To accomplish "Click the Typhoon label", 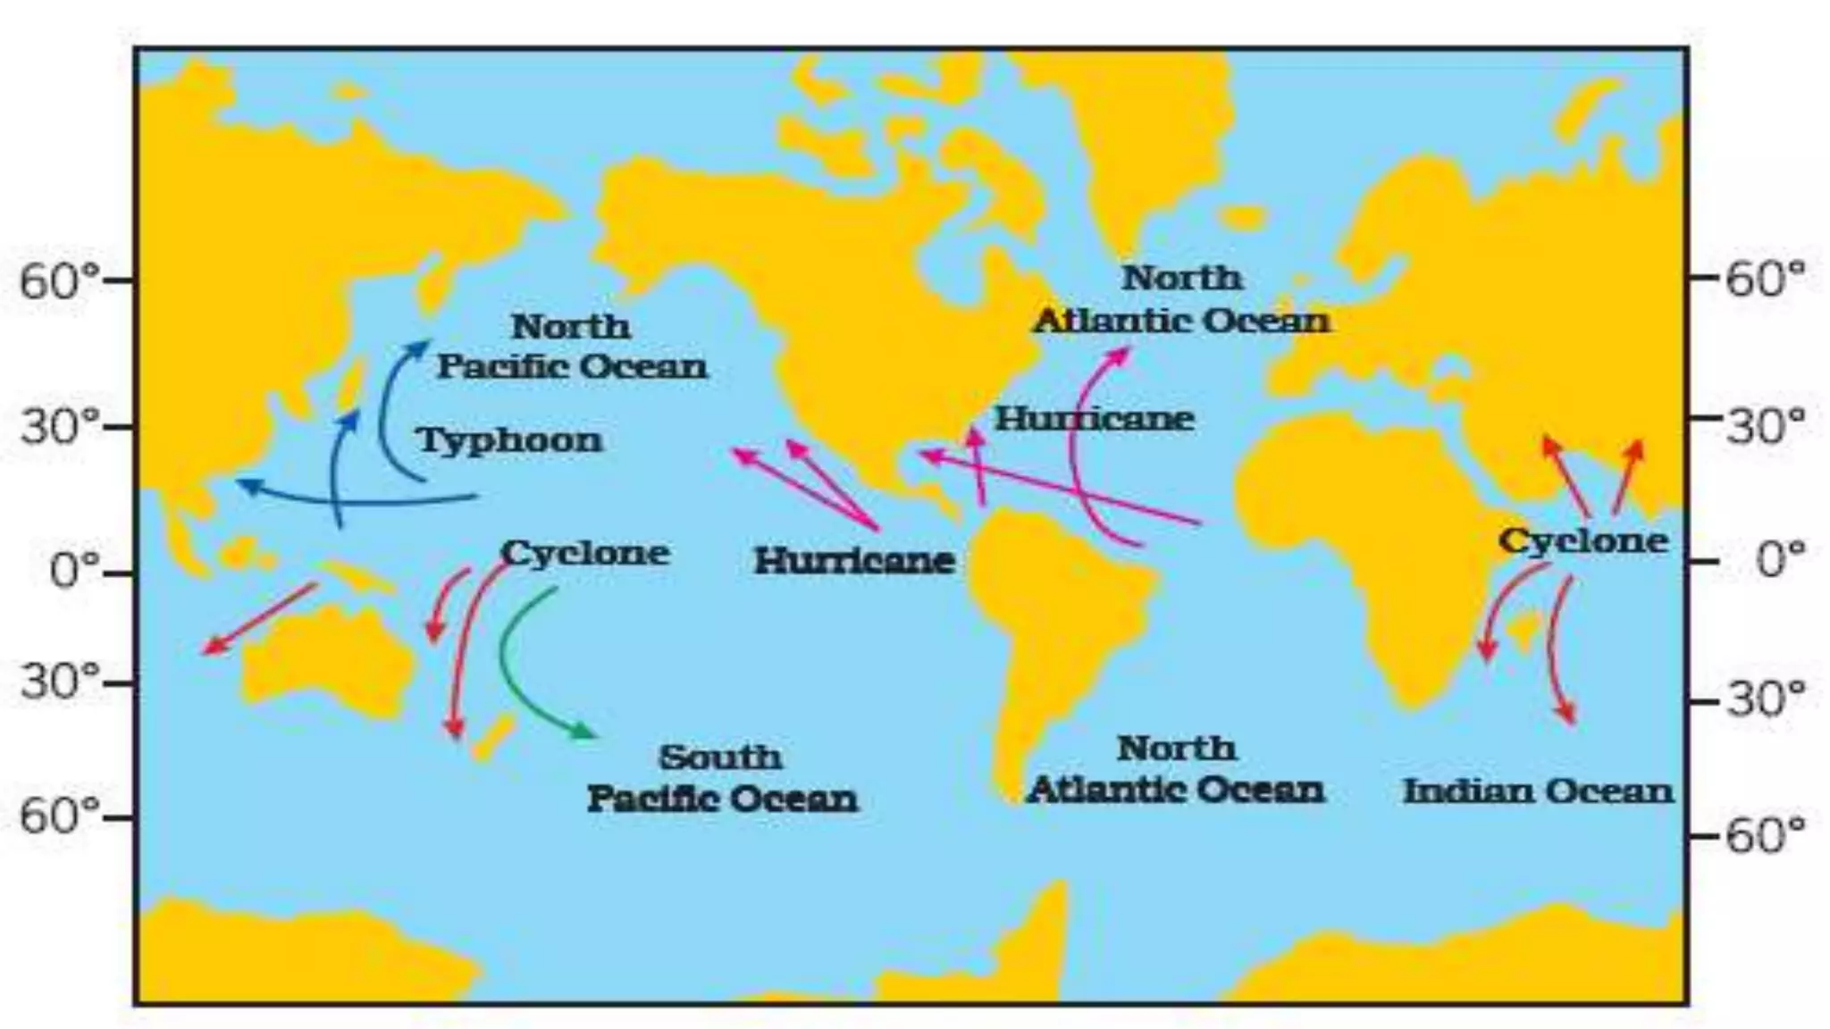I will pos(510,440).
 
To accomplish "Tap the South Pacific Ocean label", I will pos(721,778).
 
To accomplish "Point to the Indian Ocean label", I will pos(1537,791).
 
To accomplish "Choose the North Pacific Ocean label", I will pos(572,347).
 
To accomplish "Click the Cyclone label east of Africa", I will pos(1582,540).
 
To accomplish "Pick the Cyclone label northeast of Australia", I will pos(585,553).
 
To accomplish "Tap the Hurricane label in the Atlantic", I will pos(1095,419).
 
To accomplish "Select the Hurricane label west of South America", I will pos(854,561).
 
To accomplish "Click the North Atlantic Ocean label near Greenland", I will pos(1181,299).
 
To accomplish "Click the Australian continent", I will pos(331,661).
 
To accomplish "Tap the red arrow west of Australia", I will pos(259,618).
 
